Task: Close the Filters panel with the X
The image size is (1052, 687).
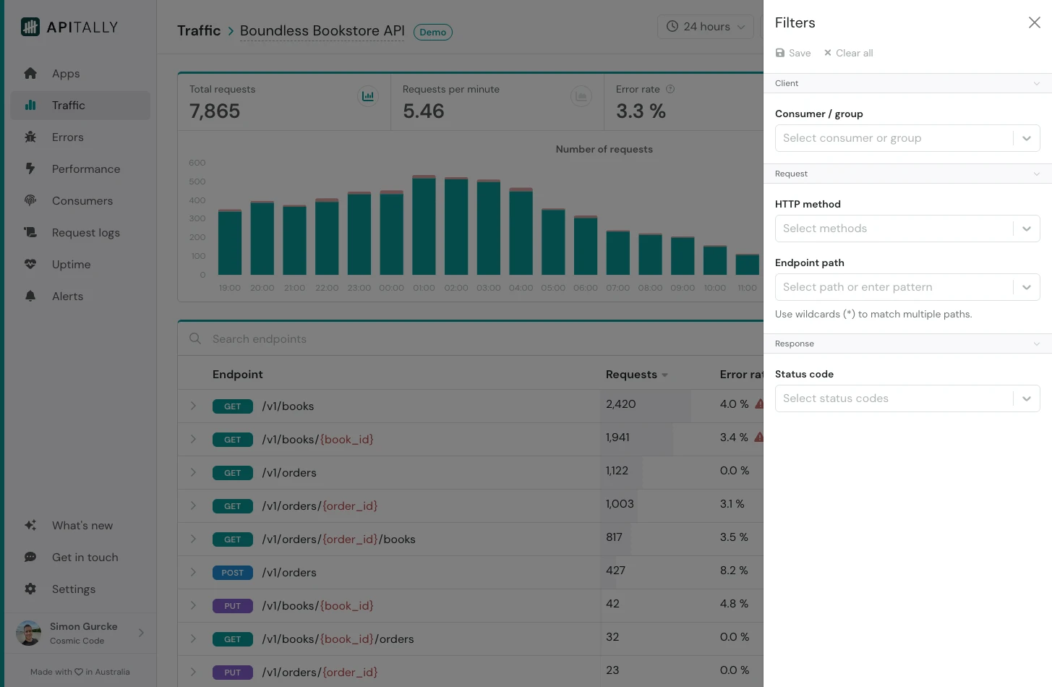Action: click(x=1034, y=22)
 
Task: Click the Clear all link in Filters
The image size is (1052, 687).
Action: click(x=849, y=53)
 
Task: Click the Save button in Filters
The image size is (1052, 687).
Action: click(x=793, y=53)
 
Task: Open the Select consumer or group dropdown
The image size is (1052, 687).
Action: click(x=894, y=138)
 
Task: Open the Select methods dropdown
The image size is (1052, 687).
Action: click(x=894, y=229)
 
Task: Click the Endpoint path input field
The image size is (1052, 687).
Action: click(x=894, y=287)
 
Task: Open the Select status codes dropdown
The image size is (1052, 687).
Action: click(x=894, y=398)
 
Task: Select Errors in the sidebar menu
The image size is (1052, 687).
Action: click(x=67, y=137)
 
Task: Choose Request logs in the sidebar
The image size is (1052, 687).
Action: click(x=85, y=233)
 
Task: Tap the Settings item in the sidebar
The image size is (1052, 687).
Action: click(x=73, y=589)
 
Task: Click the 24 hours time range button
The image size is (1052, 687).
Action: click(x=705, y=27)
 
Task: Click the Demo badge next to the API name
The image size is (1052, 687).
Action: click(x=432, y=33)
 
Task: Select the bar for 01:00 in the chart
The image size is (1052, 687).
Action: click(x=424, y=226)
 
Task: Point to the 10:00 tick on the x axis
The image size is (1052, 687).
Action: click(x=714, y=288)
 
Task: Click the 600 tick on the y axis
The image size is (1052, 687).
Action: click(x=197, y=163)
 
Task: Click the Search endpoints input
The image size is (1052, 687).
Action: click(x=434, y=339)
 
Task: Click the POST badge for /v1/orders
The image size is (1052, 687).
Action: click(x=232, y=573)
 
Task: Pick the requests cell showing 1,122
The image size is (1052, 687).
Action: click(x=617, y=471)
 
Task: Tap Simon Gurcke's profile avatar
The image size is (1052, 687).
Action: click(x=29, y=633)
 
